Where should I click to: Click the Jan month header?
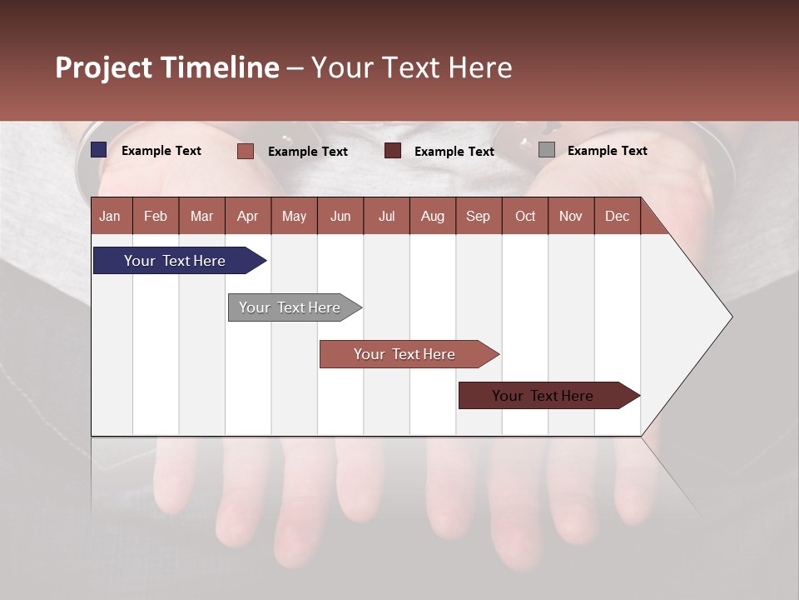110,216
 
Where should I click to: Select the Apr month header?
247,216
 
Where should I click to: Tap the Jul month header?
386,216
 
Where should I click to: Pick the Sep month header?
478,216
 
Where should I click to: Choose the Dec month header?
617,216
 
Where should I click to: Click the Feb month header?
156,216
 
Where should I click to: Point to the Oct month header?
525,216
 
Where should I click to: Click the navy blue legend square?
99,150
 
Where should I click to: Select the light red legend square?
246,151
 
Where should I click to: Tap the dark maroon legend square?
393,151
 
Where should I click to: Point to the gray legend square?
547,150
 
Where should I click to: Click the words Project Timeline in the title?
166,67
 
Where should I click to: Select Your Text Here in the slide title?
411,67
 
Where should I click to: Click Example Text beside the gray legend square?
607,151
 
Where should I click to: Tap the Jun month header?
340,216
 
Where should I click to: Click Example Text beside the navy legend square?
161,151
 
